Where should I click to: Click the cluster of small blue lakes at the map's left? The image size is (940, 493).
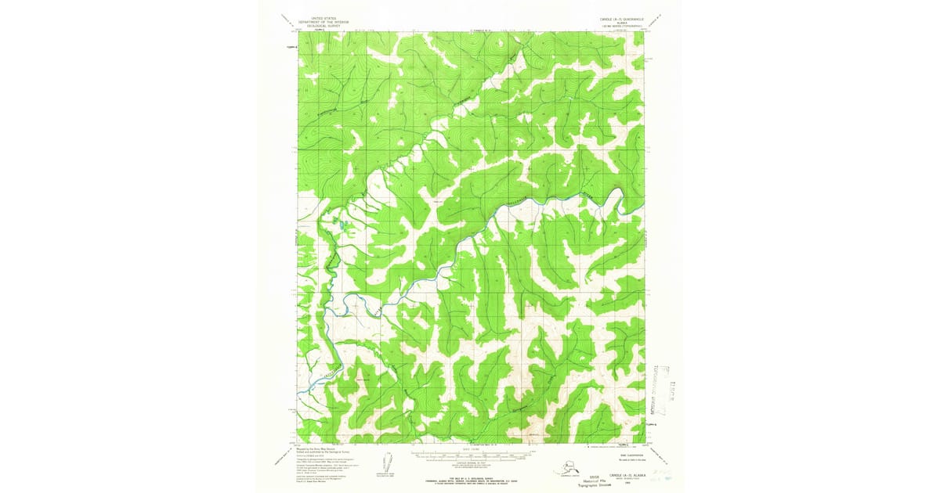click(x=342, y=226)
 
